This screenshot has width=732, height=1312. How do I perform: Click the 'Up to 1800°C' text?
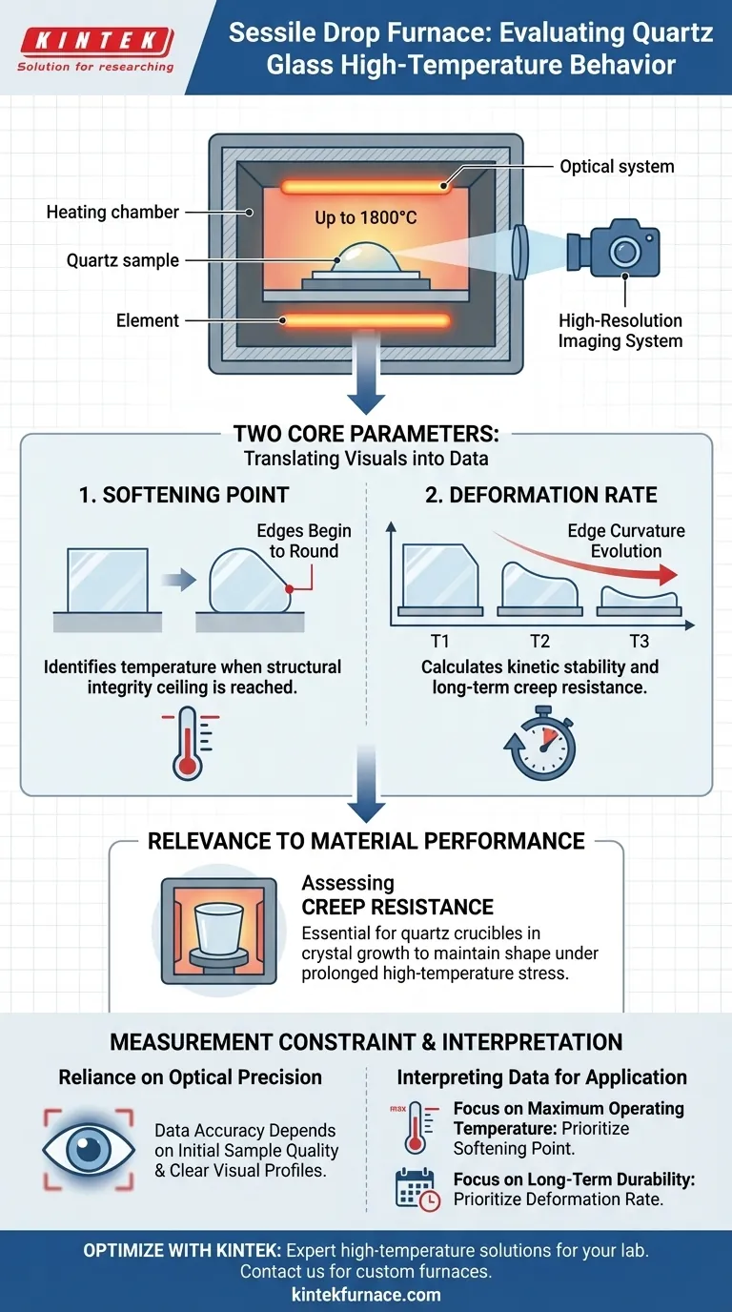click(367, 218)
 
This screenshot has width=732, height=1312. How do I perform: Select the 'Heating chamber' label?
click(112, 212)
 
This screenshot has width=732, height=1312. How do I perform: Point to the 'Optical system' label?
click(617, 167)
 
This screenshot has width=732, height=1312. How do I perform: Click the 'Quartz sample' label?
click(123, 260)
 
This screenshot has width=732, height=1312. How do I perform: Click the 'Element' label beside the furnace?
click(148, 321)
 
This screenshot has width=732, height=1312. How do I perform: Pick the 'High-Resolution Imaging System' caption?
click(620, 330)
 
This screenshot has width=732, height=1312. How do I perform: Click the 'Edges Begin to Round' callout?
click(303, 542)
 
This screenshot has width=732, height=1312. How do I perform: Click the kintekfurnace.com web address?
click(366, 1294)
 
